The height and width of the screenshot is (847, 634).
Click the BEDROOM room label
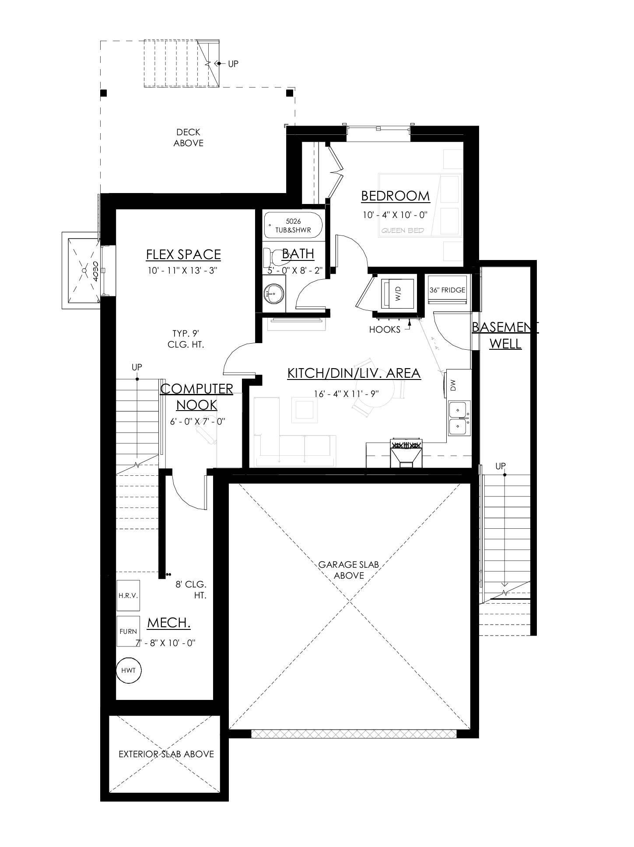point(395,196)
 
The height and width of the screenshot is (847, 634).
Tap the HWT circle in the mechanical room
point(129,670)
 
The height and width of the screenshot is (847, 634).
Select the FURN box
point(128,631)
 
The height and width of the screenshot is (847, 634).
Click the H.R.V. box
point(128,596)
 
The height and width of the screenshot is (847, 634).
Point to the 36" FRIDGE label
point(447,290)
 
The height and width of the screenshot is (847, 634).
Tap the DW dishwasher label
point(453,385)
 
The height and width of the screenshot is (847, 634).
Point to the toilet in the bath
point(271,257)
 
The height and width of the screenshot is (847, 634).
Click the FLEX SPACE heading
point(183,254)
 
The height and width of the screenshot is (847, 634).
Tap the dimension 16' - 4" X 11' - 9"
point(346,394)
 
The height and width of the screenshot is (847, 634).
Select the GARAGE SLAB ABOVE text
point(348,570)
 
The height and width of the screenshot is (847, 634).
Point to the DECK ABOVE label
point(188,137)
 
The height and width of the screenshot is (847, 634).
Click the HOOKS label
point(385,330)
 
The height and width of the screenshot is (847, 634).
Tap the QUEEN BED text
point(403,231)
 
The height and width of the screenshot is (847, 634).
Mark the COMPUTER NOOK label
point(196,397)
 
